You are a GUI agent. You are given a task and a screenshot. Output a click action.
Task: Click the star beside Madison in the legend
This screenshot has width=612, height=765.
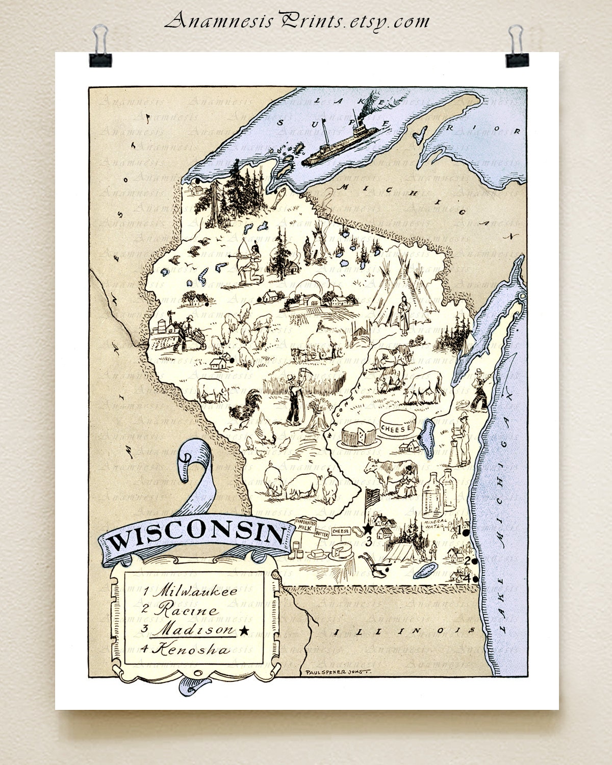(x=244, y=631)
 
